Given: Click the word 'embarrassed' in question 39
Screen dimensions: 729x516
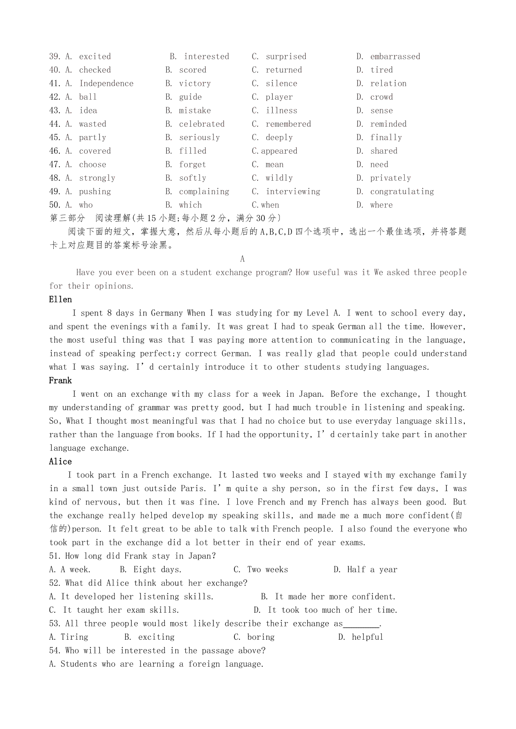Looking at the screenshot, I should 395,57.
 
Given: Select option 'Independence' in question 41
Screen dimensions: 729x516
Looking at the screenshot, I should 106,84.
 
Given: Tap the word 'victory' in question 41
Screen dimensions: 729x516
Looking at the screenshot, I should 195,84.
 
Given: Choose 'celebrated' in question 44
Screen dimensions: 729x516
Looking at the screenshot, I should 202,124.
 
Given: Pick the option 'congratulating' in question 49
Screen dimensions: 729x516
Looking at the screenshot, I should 402,191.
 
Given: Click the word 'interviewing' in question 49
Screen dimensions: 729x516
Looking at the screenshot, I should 293,191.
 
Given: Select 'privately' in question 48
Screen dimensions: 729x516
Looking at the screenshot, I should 390,178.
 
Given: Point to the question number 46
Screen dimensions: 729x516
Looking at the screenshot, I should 55,151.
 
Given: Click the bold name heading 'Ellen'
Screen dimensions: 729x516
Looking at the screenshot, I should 61,300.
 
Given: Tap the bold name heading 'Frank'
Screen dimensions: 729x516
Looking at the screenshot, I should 61,381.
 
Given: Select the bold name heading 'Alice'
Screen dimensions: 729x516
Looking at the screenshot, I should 61,462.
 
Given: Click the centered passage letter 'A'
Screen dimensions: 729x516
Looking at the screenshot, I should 243,259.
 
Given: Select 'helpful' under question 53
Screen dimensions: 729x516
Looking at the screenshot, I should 367,637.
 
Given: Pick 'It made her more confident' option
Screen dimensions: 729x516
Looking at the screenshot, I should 335,597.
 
